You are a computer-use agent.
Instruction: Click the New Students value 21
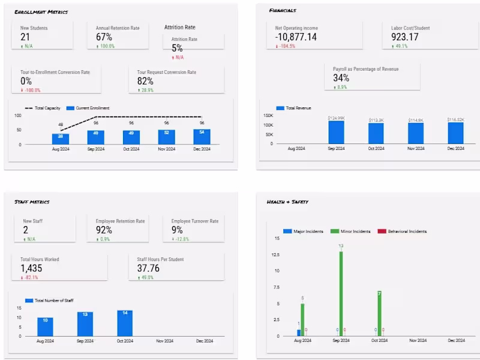(x=25, y=37)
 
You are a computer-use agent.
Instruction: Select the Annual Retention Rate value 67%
(x=104, y=37)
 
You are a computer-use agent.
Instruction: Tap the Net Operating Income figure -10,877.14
(x=296, y=37)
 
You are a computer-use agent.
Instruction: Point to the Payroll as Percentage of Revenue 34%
(x=341, y=78)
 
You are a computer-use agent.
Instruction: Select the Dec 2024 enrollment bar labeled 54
(x=202, y=137)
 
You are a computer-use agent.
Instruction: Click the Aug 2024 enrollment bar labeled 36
(x=61, y=139)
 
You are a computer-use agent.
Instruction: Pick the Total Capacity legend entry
(x=43, y=108)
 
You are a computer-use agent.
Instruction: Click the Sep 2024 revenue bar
(x=336, y=133)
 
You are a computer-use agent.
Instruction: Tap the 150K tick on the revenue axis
(x=268, y=115)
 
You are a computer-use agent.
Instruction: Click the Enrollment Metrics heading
(x=41, y=12)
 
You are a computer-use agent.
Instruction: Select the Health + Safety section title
(x=287, y=202)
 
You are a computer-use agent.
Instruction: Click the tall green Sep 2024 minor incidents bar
(x=341, y=293)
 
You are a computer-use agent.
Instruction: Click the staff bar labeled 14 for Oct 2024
(x=125, y=323)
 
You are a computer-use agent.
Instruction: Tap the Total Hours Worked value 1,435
(x=31, y=269)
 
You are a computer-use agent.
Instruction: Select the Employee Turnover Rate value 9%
(x=178, y=230)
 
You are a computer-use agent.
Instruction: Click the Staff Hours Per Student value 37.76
(x=149, y=269)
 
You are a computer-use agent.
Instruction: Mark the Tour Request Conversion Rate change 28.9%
(x=148, y=90)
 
